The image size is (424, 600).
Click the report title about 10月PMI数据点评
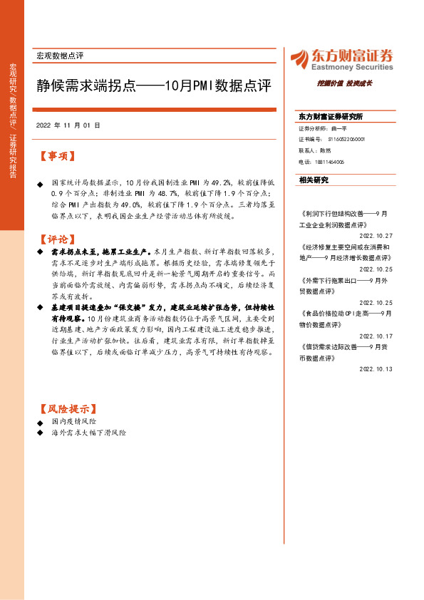(154, 87)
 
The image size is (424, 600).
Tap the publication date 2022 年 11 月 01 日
(68, 125)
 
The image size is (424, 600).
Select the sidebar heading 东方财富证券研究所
(331, 116)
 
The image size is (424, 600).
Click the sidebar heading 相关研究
(314, 180)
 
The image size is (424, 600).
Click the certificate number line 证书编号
(331, 140)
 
